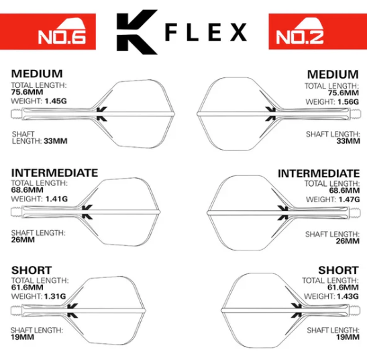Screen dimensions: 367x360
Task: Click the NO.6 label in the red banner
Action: [x=62, y=37]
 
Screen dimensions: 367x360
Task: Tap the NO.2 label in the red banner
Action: [x=300, y=37]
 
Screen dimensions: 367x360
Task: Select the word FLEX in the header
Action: [x=206, y=32]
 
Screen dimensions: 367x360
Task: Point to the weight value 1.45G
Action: [x=56, y=101]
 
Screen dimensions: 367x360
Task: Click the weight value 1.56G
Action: [x=348, y=102]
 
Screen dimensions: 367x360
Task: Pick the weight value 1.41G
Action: [x=56, y=199]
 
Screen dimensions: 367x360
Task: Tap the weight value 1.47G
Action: [x=349, y=199]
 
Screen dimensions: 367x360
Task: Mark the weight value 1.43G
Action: [x=348, y=296]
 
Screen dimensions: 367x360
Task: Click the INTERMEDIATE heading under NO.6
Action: [x=54, y=173]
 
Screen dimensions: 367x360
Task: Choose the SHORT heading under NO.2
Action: [x=338, y=270]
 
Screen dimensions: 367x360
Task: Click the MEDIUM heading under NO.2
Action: [x=333, y=75]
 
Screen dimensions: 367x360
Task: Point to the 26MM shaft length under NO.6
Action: [x=23, y=240]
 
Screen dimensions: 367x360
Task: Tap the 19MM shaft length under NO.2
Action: [x=348, y=337]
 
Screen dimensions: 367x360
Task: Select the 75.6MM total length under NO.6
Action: [x=27, y=92]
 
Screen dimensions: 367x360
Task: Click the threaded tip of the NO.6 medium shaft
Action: [x=16, y=114]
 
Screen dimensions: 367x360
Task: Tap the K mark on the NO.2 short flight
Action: [x=296, y=310]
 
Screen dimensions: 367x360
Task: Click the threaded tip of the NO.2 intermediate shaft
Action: [x=354, y=213]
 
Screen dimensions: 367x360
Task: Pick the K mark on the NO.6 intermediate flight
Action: [x=87, y=212]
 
